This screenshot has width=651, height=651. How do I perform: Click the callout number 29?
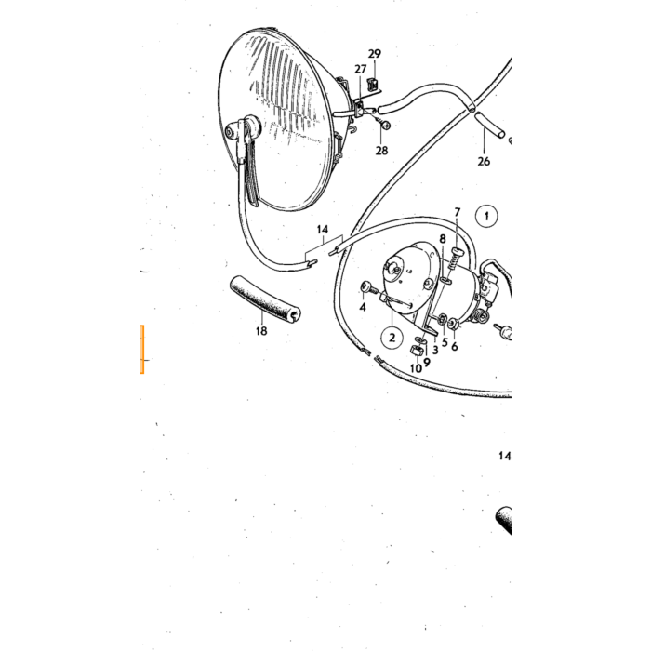(x=374, y=54)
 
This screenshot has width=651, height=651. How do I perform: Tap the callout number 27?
(x=361, y=69)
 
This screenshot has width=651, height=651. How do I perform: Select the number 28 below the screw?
(x=381, y=151)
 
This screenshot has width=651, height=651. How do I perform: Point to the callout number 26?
(x=484, y=161)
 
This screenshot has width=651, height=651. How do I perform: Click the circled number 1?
(x=486, y=216)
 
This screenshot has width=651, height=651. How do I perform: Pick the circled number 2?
(x=392, y=337)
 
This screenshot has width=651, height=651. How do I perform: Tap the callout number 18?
(x=261, y=331)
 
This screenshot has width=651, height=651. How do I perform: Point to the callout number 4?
(x=363, y=307)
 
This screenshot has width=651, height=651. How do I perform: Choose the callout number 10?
(x=416, y=368)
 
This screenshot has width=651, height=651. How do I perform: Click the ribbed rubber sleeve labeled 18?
(x=266, y=299)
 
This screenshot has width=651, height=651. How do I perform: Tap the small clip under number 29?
(x=372, y=85)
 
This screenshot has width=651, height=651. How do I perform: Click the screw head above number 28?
(x=385, y=124)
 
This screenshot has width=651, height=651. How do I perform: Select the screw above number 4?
(x=367, y=286)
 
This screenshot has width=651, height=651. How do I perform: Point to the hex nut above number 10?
(x=416, y=351)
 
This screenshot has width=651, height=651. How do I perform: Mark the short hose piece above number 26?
(x=490, y=124)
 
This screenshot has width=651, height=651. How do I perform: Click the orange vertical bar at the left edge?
(x=142, y=349)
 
